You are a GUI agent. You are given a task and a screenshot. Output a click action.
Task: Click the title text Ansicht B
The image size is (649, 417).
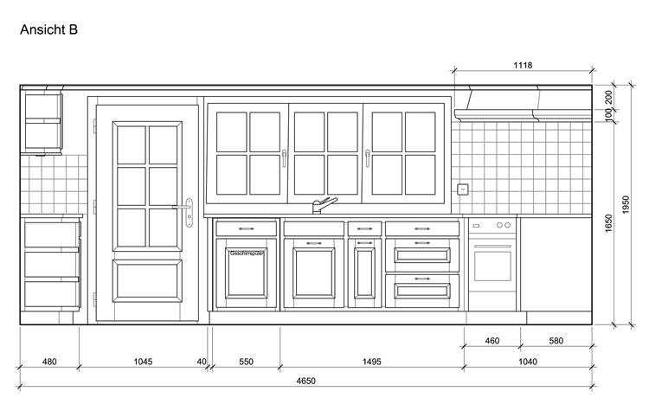click(x=48, y=29)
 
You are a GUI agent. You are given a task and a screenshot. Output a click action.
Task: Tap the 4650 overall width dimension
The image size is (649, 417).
click(x=305, y=381)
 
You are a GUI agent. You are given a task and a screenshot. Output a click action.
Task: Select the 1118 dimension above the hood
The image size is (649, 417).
click(x=523, y=66)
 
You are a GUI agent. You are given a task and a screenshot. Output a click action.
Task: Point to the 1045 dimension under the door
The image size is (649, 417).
click(x=143, y=362)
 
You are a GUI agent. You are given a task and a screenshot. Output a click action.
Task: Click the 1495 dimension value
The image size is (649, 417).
click(x=372, y=362)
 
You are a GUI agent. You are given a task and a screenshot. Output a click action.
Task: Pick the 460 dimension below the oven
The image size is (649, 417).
click(x=492, y=341)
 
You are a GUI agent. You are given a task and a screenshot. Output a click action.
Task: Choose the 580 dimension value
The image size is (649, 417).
click(x=556, y=341)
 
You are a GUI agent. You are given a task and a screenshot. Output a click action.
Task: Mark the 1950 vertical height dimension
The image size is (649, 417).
click(x=626, y=204)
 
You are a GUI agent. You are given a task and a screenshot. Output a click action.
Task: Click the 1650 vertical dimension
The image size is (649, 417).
click(x=608, y=223)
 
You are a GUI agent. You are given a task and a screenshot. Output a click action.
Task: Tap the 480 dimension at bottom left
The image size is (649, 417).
click(x=49, y=362)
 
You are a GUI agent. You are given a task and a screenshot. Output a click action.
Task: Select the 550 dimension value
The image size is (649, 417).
click(x=246, y=362)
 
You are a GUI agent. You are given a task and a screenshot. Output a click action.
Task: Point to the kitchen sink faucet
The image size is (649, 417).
click(x=324, y=205)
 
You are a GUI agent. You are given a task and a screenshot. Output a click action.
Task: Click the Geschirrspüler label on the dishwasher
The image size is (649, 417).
click(x=247, y=253)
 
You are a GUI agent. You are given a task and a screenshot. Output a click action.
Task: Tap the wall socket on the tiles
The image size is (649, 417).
click(x=463, y=189)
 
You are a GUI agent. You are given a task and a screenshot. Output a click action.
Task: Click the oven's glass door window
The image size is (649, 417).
click(x=492, y=266)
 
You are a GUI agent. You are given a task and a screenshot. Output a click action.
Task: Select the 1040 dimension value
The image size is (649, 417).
click(x=528, y=362)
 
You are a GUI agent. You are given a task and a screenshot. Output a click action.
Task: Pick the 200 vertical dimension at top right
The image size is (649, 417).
click(x=608, y=97)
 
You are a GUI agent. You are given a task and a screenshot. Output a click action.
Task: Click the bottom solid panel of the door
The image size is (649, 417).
click(x=147, y=281)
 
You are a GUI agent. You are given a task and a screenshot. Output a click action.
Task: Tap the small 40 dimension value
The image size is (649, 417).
click(x=202, y=362)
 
